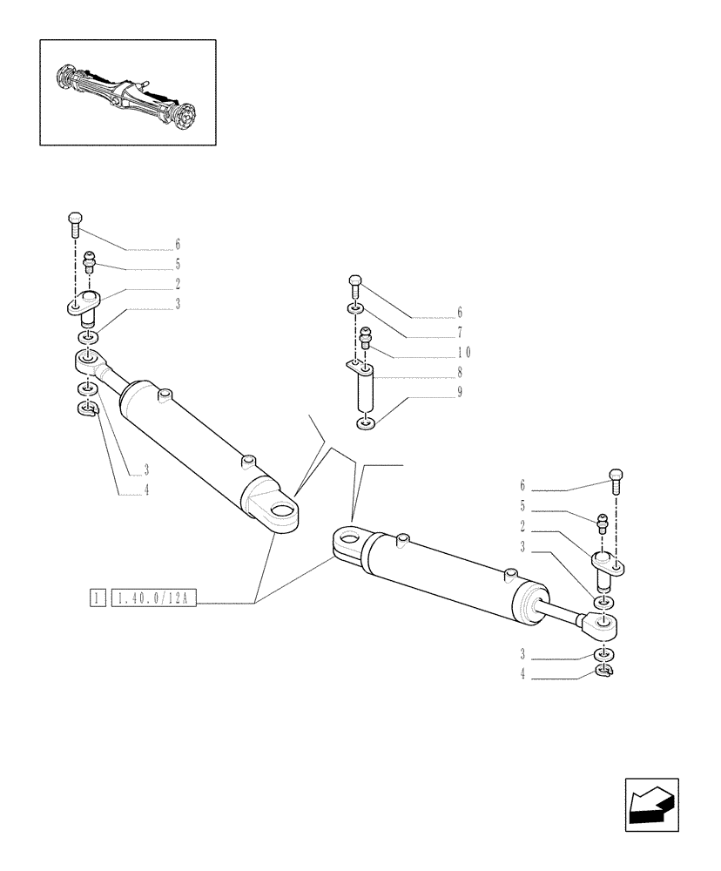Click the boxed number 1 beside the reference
point(98,598)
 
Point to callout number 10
point(463,352)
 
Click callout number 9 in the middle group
point(459,392)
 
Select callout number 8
point(459,372)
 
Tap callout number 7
point(459,331)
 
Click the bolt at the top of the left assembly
point(74,223)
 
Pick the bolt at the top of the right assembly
point(615,478)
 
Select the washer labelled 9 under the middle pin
point(364,424)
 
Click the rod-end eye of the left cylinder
point(88,358)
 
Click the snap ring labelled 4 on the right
point(604,671)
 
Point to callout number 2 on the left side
point(177,283)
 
